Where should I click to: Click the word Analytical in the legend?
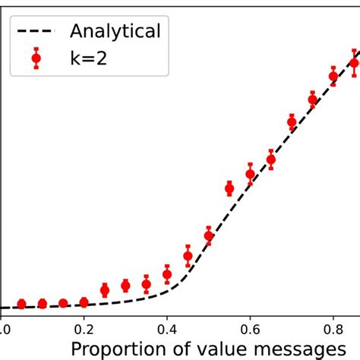[x=115, y=31]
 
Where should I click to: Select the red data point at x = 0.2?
[x=84, y=302]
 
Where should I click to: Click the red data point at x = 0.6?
[x=250, y=175]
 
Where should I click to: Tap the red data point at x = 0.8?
[x=333, y=76]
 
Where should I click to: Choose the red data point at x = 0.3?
[x=125, y=286]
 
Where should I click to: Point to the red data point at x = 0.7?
[x=292, y=122]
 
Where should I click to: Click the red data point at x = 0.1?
[x=43, y=304]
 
